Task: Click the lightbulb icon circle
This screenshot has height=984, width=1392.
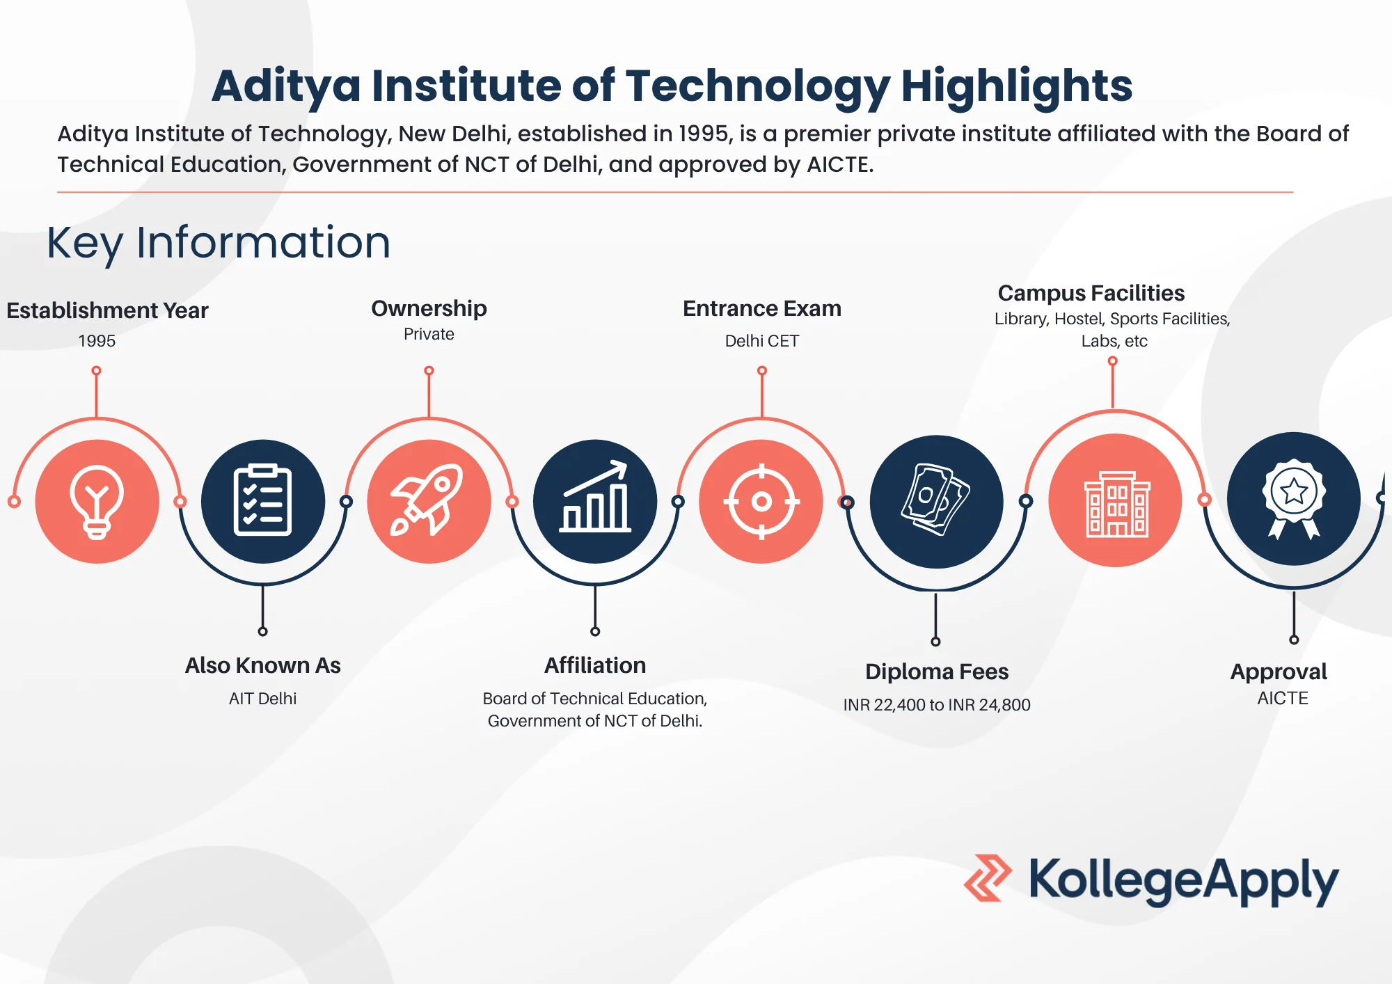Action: (97, 501)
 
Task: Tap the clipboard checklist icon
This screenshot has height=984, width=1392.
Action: (262, 501)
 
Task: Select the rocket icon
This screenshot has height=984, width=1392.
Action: (429, 501)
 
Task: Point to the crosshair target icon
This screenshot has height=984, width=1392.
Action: (761, 501)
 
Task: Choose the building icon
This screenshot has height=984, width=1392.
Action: (1116, 501)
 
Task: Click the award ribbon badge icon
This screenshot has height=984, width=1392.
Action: (1294, 499)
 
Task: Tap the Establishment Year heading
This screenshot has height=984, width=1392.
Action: (108, 310)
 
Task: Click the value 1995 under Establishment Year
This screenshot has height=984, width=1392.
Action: (97, 341)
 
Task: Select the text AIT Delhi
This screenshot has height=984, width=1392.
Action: (262, 699)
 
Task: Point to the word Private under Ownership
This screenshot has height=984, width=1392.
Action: (429, 334)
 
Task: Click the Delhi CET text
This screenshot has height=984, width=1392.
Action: (761, 341)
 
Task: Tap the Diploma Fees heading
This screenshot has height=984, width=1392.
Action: (937, 672)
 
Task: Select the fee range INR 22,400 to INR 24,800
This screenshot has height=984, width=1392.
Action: (937, 705)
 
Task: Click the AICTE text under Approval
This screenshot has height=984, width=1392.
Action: (1283, 698)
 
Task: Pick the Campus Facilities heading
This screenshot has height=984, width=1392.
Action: (1091, 293)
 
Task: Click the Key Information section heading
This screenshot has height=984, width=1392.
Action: (219, 243)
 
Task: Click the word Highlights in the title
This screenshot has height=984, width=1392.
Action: (1017, 86)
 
